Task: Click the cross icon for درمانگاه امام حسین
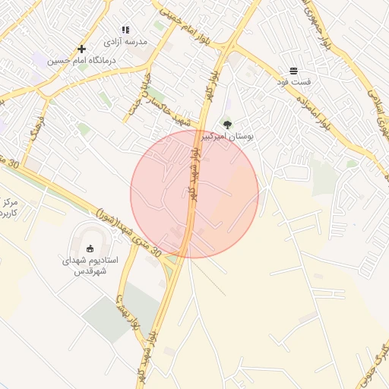click(81, 49)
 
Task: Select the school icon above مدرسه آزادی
click(125, 30)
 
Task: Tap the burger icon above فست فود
click(293, 69)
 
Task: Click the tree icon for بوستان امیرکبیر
click(227, 124)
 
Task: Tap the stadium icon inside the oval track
click(90, 248)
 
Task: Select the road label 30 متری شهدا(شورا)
click(128, 232)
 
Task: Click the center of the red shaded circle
click(194, 194)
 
